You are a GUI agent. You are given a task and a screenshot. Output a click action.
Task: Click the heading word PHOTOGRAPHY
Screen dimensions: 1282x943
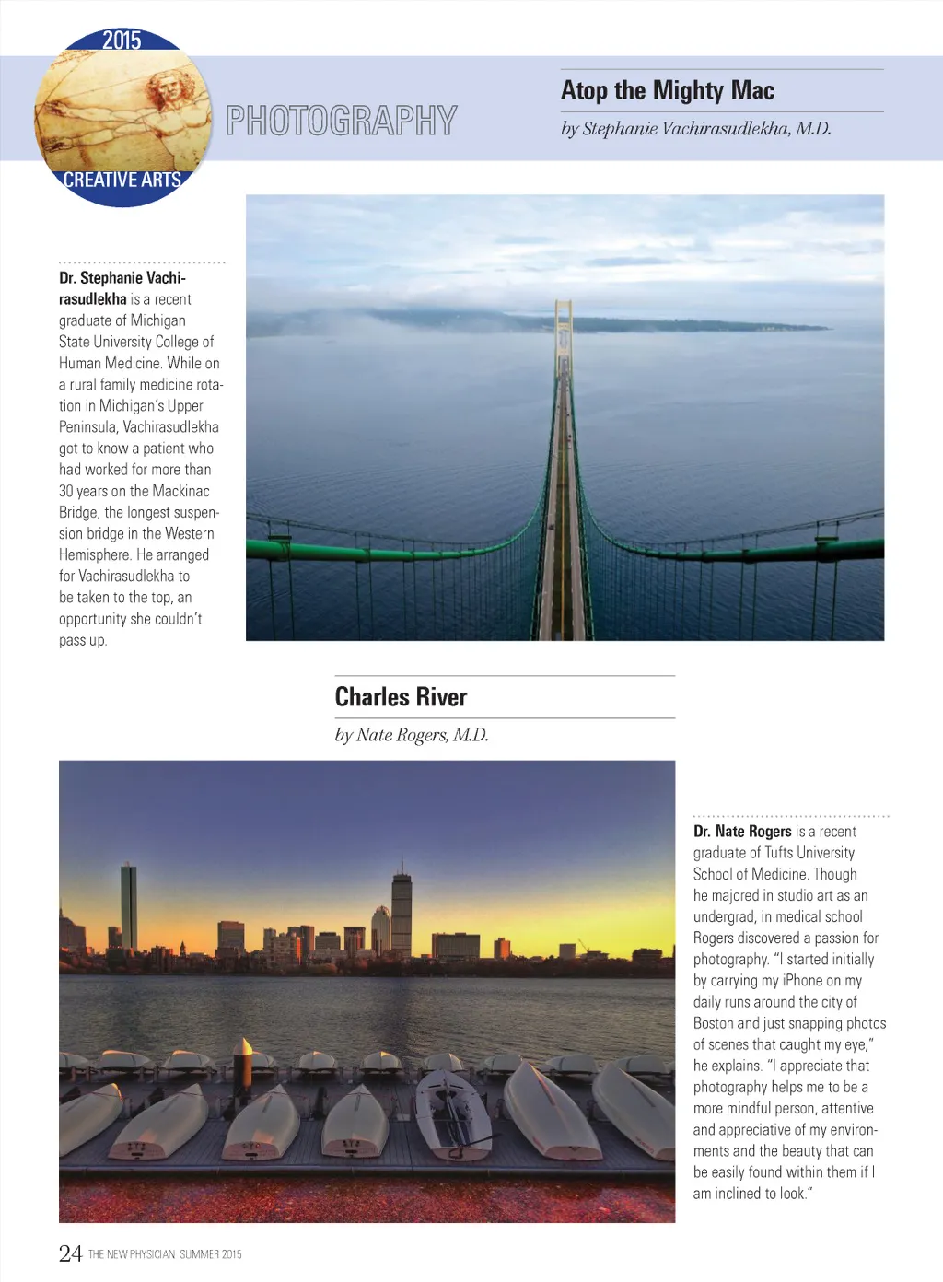(342, 121)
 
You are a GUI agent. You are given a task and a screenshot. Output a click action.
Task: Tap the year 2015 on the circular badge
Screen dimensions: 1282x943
(122, 41)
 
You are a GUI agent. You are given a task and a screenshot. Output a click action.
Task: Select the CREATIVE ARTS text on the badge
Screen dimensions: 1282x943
(122, 180)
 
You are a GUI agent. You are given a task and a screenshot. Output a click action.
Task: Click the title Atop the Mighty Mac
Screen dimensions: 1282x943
(668, 90)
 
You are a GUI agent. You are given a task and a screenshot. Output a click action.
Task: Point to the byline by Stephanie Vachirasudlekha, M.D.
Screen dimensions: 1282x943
(696, 129)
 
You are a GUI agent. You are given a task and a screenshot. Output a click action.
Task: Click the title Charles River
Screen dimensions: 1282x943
(401, 697)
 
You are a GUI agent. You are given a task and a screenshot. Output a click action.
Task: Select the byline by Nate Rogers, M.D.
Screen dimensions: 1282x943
(412, 735)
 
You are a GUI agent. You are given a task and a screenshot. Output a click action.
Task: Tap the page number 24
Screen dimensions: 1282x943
(70, 1253)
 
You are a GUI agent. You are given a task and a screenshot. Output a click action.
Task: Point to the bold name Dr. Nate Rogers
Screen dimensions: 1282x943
(742, 832)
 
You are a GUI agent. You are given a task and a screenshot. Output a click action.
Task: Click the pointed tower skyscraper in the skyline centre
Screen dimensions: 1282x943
(402, 907)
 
